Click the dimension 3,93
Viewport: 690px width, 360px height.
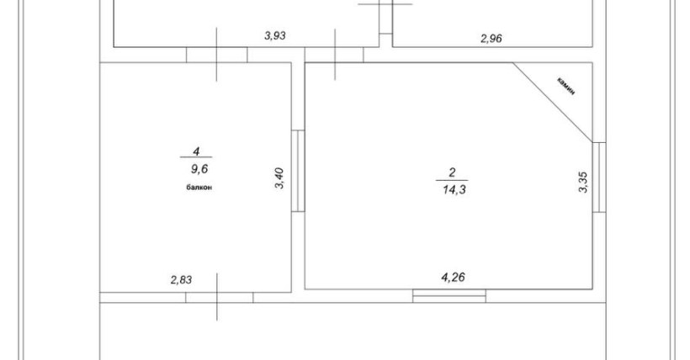pos(275,35)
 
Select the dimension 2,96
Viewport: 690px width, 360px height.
pos(491,39)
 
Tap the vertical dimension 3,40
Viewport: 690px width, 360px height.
pos(280,178)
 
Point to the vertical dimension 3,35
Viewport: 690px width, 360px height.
pos(582,183)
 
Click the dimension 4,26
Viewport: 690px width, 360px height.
pos(453,278)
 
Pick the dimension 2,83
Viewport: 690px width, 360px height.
pos(181,280)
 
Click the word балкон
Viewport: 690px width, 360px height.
pos(199,188)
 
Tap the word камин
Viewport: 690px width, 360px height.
pos(566,87)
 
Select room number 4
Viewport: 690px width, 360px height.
pos(196,151)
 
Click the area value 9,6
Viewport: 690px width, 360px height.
pos(199,168)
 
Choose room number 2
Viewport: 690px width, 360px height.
pos(452,172)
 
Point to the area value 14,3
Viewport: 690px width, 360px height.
pos(454,190)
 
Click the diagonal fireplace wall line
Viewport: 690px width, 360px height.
pos(552,103)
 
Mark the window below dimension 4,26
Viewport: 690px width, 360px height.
pos(449,296)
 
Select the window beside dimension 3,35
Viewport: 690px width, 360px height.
pos(599,177)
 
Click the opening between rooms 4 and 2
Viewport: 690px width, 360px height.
pos(298,171)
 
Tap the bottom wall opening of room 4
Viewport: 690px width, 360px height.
pos(219,297)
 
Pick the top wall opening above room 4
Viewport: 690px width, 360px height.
pos(216,55)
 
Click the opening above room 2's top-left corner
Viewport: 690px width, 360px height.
pos(334,55)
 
